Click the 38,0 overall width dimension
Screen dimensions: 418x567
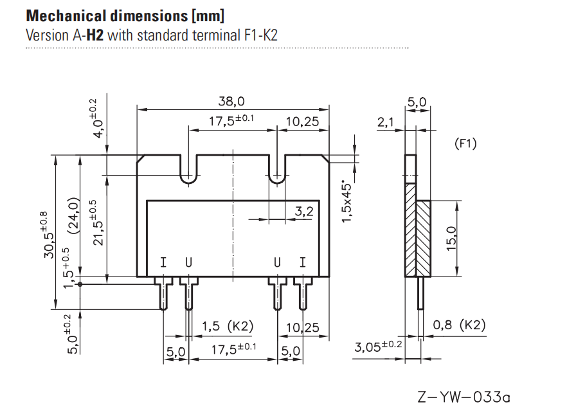point(232,102)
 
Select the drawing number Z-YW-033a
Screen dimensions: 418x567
point(464,397)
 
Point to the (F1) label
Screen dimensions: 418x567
point(465,144)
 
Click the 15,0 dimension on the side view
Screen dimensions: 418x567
point(451,238)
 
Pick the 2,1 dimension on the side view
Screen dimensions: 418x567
point(386,122)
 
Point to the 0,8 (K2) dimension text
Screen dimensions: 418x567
point(458,325)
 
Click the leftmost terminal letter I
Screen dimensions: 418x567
point(163,262)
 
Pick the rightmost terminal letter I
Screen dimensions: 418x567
point(303,262)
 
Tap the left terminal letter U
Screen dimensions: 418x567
point(188,262)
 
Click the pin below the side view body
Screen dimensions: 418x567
point(421,293)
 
